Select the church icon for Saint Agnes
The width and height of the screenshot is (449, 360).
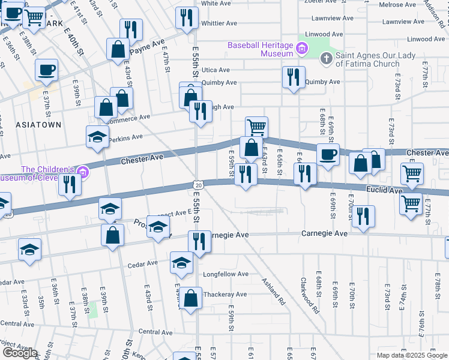(326, 59)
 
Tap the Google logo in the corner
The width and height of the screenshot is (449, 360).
(19, 353)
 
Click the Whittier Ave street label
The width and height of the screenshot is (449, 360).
(219, 23)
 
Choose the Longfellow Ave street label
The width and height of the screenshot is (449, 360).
(226, 274)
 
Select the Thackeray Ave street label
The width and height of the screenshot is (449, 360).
(225, 295)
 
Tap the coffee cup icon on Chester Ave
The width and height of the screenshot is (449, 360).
(328, 154)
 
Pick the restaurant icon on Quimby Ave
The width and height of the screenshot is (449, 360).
(293, 77)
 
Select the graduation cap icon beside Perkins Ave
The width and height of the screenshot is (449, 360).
(97, 137)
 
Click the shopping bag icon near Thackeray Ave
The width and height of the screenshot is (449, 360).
(190, 298)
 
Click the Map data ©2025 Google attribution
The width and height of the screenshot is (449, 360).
(411, 355)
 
